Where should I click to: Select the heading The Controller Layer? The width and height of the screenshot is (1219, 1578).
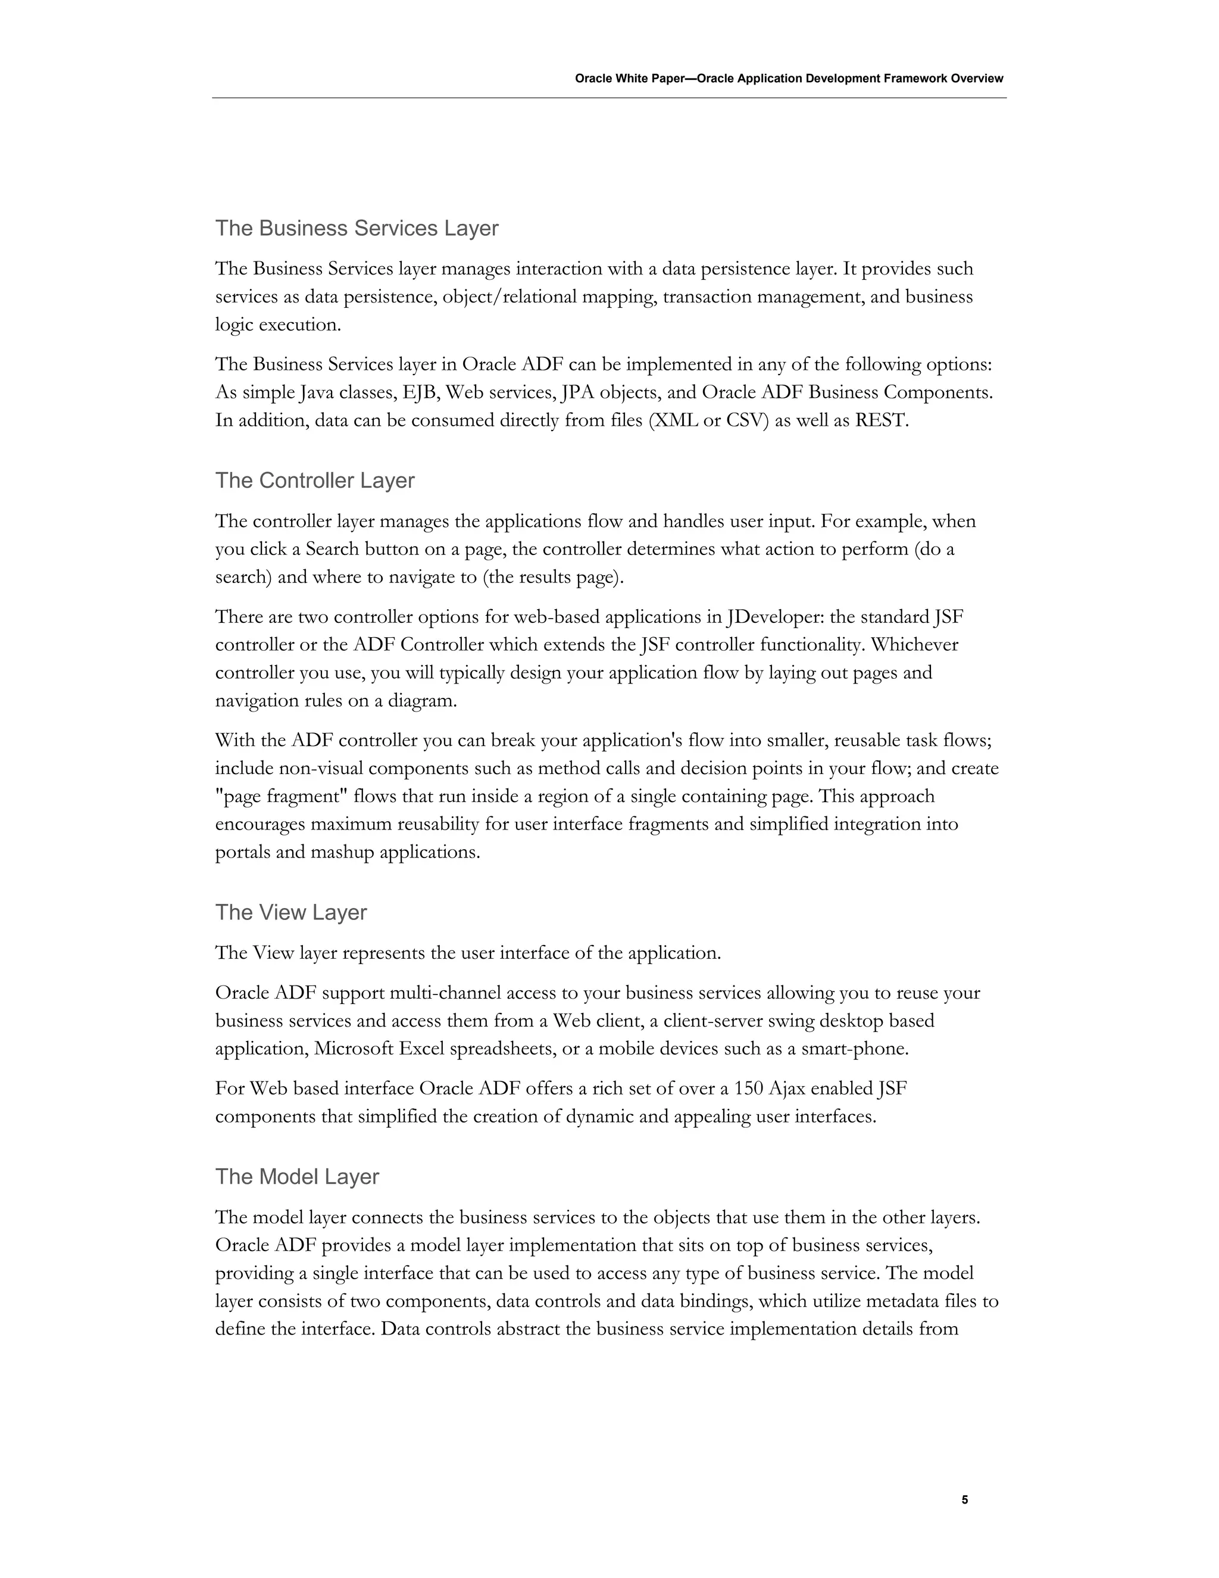pos(315,481)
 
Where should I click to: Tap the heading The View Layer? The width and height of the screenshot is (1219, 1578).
pos(291,912)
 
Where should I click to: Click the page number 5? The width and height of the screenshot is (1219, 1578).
pos(965,1500)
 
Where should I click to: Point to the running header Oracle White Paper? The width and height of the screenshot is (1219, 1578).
pos(789,79)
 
